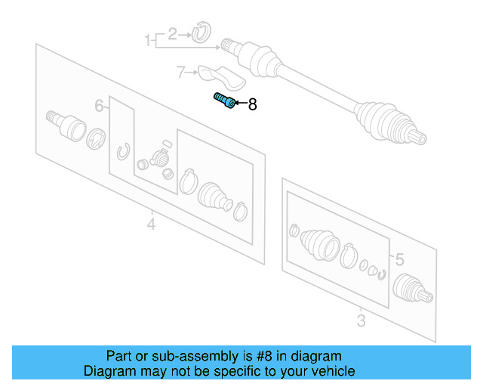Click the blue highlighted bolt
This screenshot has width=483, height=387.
point(225,101)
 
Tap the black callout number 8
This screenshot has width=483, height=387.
point(253,104)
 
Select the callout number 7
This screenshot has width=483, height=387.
point(181,73)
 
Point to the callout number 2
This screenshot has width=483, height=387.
point(173,34)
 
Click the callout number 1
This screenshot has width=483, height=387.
point(148,40)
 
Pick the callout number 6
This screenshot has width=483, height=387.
point(99,106)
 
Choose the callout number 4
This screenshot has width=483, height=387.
point(151,224)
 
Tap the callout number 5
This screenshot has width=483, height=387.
point(399,259)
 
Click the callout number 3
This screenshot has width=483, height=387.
point(361,320)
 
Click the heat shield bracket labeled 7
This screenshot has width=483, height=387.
point(221,77)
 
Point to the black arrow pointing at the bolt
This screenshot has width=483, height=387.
point(241,103)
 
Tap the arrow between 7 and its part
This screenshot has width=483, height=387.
point(192,73)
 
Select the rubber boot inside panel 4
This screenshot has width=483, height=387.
point(214,197)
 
